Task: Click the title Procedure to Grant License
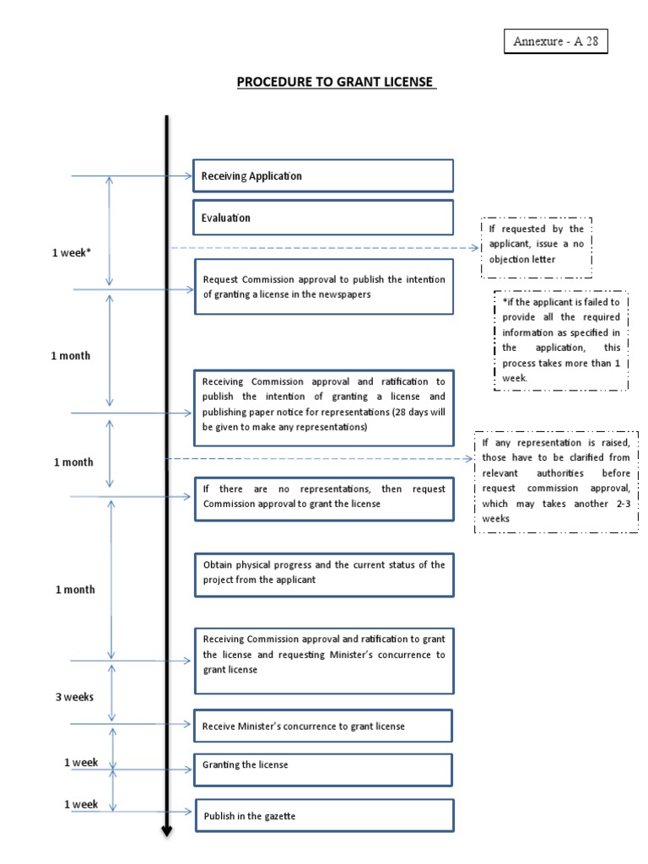tap(335, 82)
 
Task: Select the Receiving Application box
tap(323, 175)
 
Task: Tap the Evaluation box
tap(323, 218)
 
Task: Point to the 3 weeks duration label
tap(74, 697)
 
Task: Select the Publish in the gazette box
tap(324, 816)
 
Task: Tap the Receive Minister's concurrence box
tap(323, 726)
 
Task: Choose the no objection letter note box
tap(537, 245)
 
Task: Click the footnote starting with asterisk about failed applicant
tap(560, 340)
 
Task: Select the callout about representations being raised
tap(556, 481)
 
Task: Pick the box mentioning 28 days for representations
tap(324, 407)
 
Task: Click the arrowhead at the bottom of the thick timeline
tap(166, 831)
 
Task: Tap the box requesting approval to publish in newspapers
tap(324, 287)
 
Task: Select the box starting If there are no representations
tap(324, 497)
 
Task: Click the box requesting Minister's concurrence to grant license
tap(324, 661)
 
